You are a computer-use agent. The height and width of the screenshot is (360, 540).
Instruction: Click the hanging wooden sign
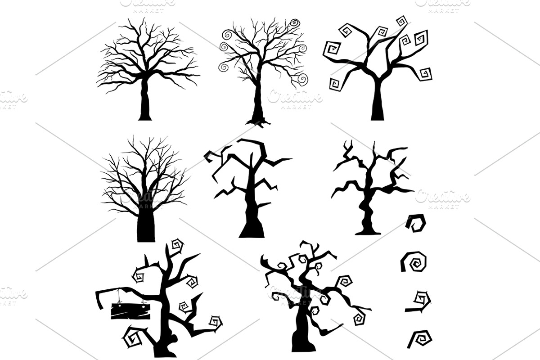coord(130,311)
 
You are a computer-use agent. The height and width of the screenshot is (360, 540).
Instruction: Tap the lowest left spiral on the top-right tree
coord(335,84)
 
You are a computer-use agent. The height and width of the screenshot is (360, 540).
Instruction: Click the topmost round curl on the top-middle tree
coord(295,22)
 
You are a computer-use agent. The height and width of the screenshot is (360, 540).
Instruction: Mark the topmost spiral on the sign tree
coord(177,246)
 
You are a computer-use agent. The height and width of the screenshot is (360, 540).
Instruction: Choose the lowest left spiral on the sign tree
coord(131,339)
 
